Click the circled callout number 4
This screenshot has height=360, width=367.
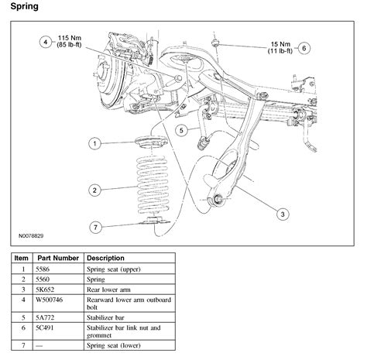pos(46,42)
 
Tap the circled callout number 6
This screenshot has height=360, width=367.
pos(304,48)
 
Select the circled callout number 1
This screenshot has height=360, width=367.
pos(94,143)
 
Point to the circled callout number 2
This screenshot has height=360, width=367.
pos(94,190)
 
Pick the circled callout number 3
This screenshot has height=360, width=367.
pos(283,214)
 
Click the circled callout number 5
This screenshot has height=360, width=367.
pos(181,130)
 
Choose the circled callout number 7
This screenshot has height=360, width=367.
pos(96,228)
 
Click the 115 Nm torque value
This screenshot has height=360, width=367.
pos(69,38)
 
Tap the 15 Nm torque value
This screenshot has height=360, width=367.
pos(280,44)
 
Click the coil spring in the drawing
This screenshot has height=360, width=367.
pos(153,185)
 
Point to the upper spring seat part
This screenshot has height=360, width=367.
pos(151,142)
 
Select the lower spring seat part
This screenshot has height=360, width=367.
pos(154,220)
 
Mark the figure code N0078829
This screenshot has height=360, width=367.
pos(31,235)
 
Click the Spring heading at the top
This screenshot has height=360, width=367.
pos(25,6)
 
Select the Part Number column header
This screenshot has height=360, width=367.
pos(58,258)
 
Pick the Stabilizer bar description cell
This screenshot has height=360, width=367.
pos(105,317)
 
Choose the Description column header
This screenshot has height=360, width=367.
pos(105,258)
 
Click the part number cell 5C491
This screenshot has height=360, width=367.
pos(45,327)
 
